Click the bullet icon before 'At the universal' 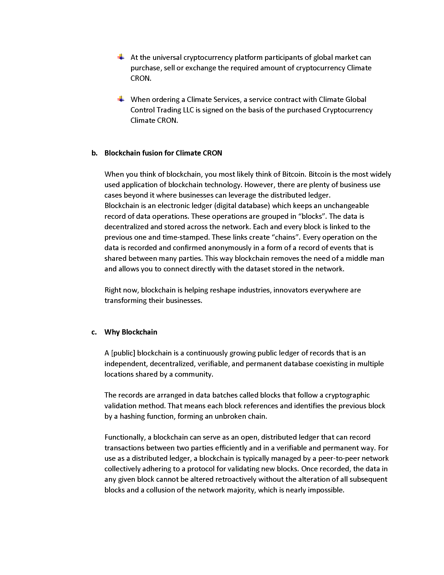(x=121, y=57)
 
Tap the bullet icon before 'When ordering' (x=121, y=99)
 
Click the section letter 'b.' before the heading (x=95, y=153)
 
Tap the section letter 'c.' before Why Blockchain (x=94, y=332)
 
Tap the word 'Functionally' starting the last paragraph (x=125, y=437)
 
